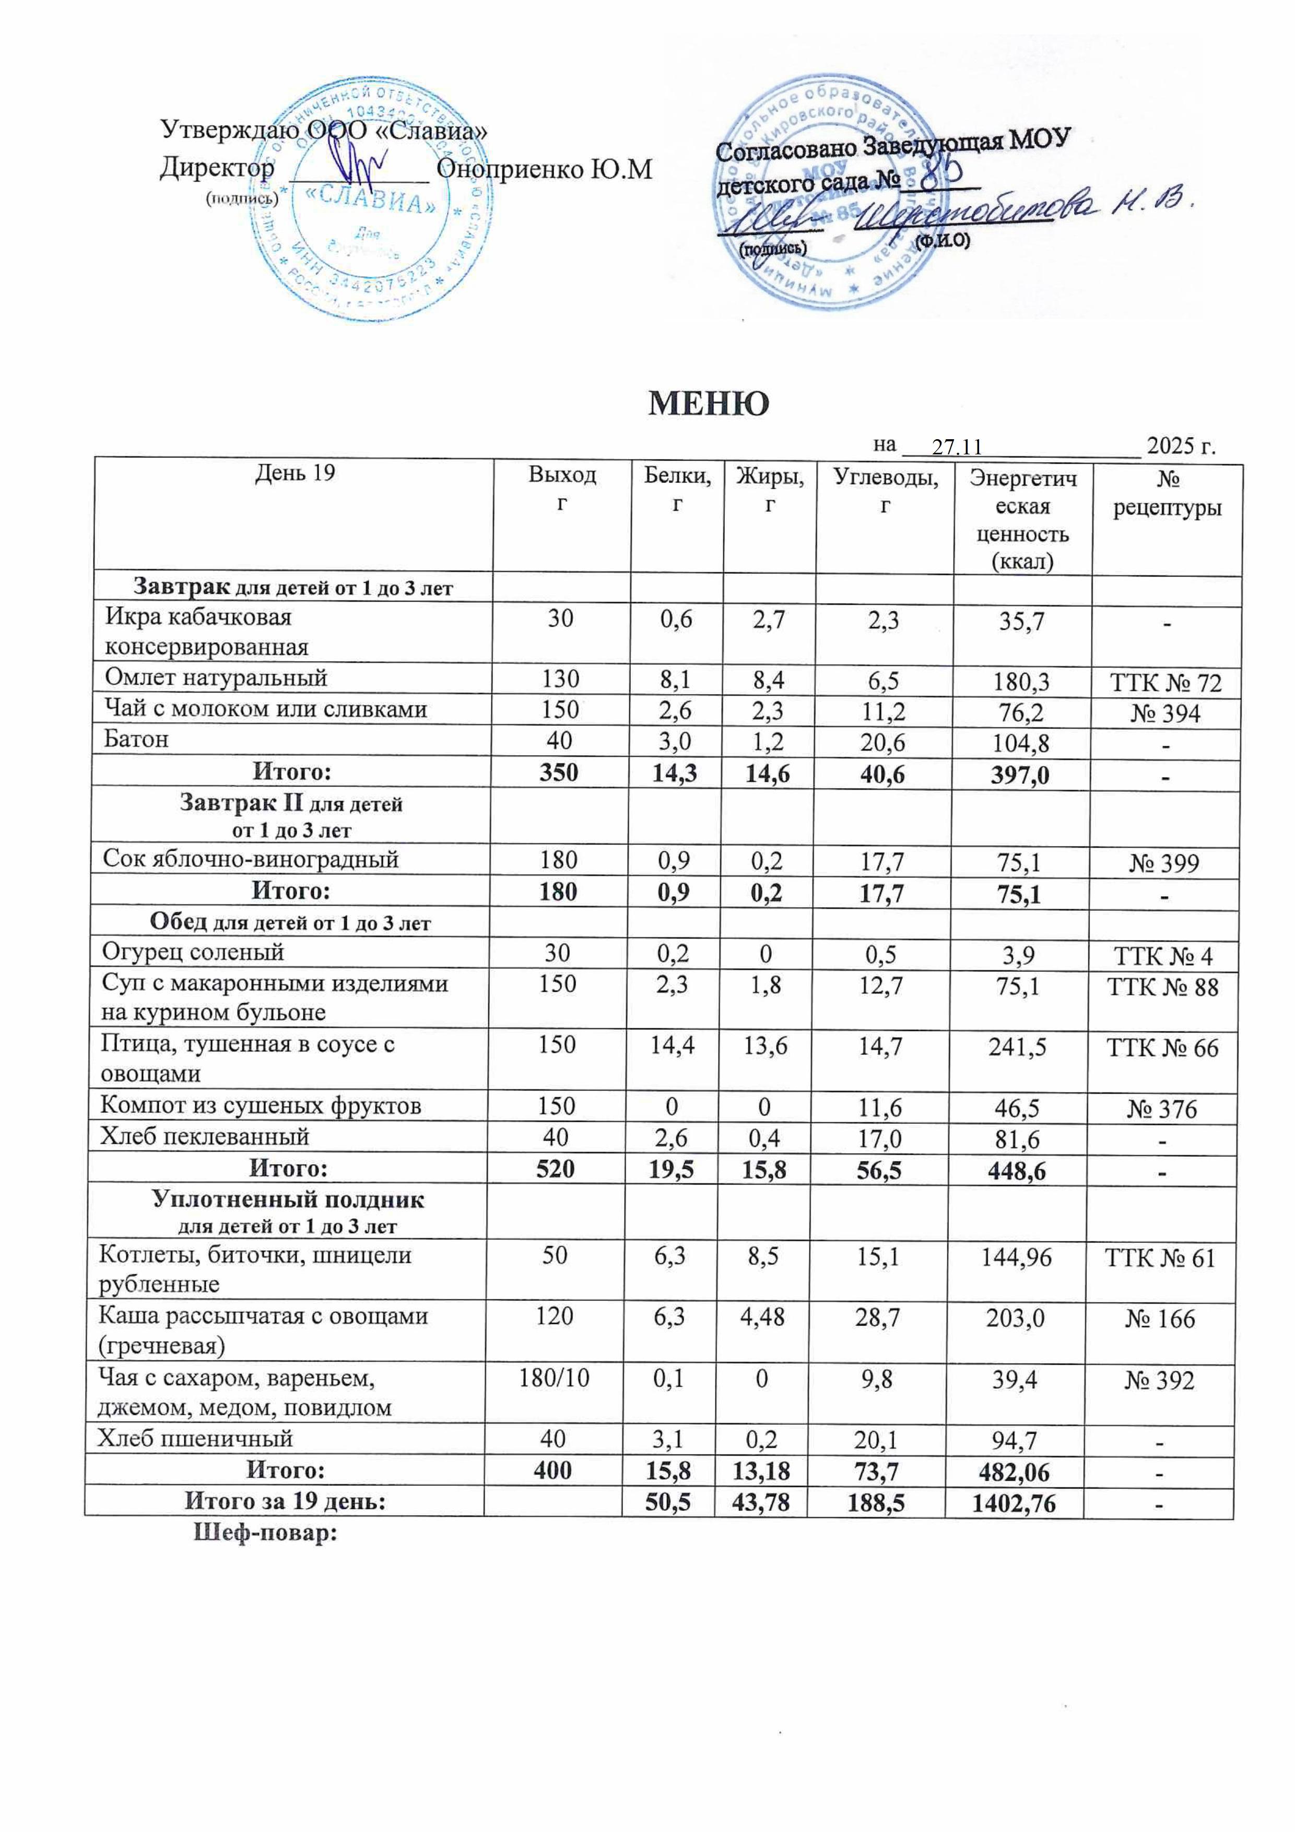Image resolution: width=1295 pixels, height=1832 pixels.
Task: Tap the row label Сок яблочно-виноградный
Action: pyautogui.click(x=251, y=860)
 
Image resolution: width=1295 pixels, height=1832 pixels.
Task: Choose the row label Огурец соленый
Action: pyautogui.click(x=193, y=952)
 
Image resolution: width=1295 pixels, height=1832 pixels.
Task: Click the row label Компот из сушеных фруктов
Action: pyautogui.click(x=260, y=1106)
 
